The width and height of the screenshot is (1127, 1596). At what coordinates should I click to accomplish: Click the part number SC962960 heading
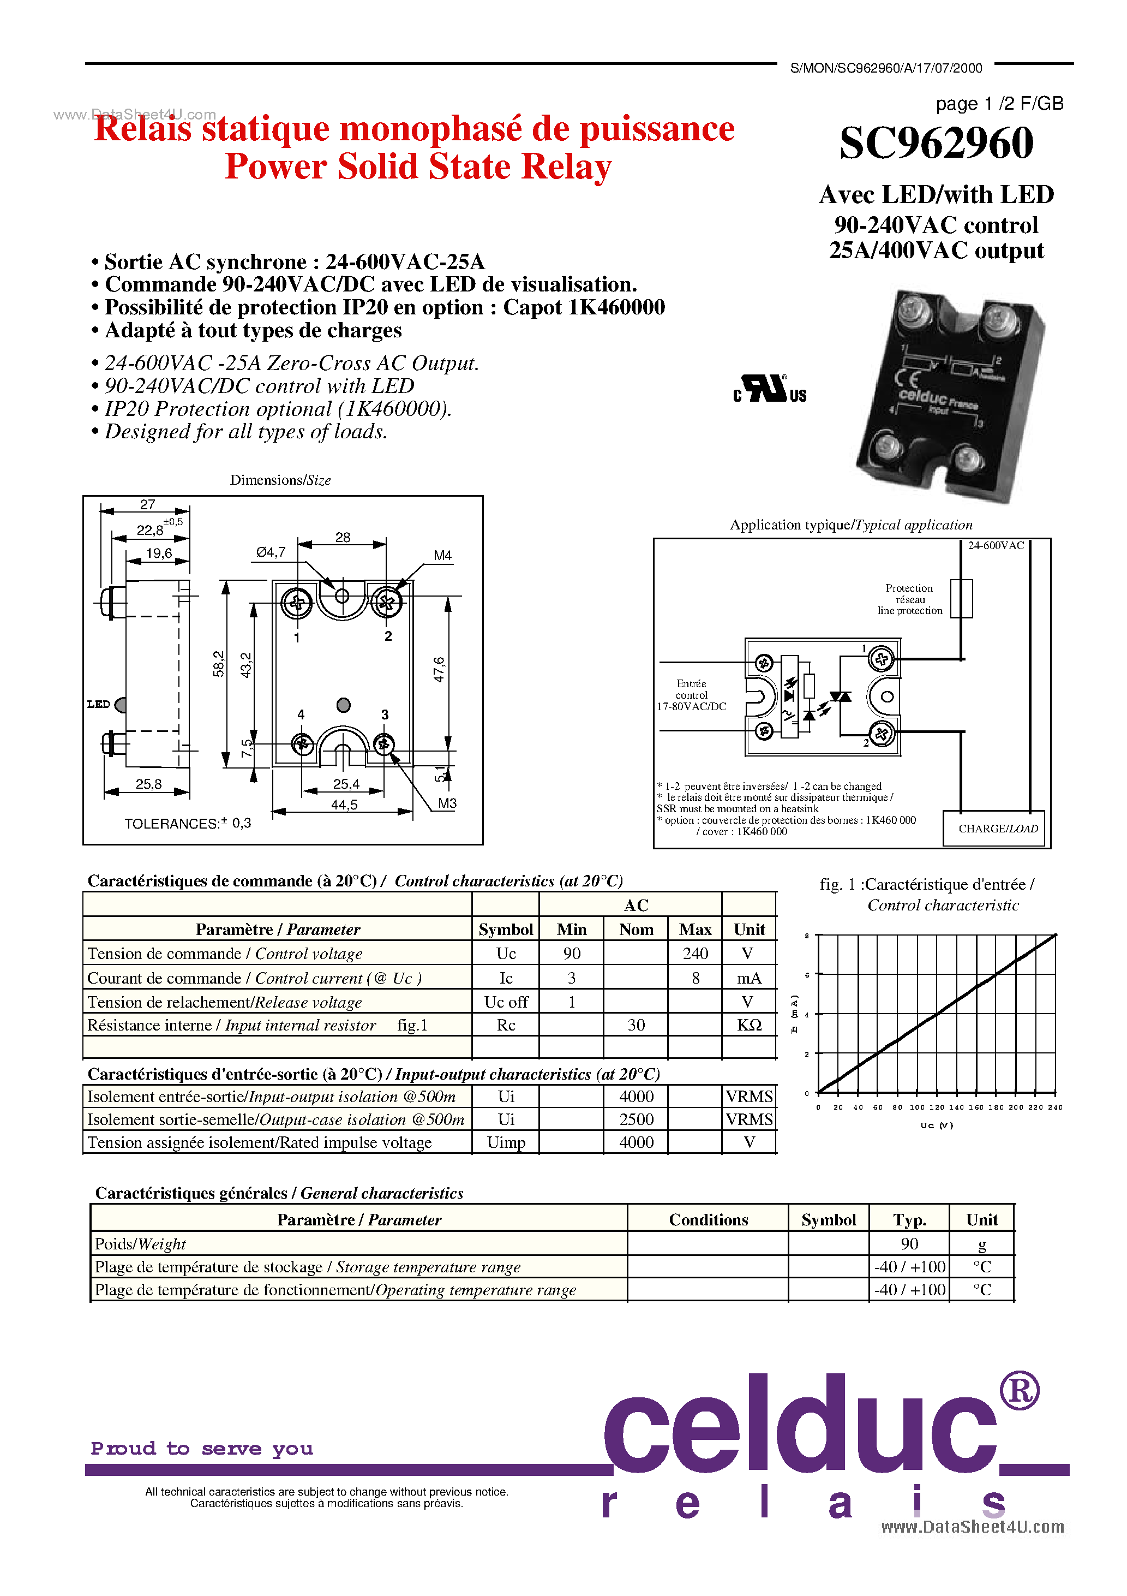click(936, 143)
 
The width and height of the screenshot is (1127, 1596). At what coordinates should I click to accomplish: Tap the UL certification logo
click(769, 389)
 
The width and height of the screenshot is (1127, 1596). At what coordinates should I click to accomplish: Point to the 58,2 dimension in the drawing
click(219, 663)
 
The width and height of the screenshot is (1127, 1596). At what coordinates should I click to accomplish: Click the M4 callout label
click(442, 556)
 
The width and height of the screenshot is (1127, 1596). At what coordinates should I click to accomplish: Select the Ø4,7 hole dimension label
click(270, 552)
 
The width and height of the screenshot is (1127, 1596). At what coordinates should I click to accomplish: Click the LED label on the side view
click(99, 704)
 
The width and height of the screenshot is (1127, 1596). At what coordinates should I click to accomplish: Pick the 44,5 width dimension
click(344, 805)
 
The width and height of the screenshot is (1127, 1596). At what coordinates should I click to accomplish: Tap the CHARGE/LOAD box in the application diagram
click(997, 829)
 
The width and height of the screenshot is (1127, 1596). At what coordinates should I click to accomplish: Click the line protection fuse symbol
click(961, 598)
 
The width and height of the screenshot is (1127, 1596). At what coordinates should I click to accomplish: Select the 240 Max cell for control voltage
click(695, 954)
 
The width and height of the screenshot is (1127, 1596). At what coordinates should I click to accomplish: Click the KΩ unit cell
click(749, 1025)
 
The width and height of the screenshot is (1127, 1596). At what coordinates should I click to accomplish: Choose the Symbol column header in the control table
click(506, 930)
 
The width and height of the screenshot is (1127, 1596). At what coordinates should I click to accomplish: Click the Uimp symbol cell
click(506, 1143)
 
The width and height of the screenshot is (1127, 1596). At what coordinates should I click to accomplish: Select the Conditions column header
click(708, 1220)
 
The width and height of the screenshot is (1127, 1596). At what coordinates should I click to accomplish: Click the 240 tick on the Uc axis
click(1055, 1107)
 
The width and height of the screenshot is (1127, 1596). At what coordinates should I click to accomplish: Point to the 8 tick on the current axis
click(807, 936)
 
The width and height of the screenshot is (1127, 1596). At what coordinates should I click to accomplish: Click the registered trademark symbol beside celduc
click(1020, 1390)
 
